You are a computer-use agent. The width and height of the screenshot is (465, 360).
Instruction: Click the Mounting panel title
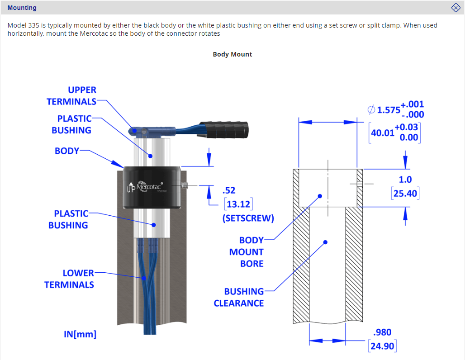pos(22,8)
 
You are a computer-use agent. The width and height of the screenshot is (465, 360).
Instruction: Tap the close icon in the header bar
pos(456,8)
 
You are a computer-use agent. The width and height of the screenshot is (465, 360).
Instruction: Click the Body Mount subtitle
pos(232,54)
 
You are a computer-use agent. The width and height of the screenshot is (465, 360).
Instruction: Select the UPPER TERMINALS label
pos(71,95)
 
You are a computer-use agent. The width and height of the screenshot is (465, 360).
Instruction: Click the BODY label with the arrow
pos(67,151)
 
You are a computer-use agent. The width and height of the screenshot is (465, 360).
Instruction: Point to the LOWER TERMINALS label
pos(69,279)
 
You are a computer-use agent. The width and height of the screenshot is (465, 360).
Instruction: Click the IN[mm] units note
pos(80,334)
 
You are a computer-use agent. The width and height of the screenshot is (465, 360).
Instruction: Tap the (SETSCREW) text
pos(248,218)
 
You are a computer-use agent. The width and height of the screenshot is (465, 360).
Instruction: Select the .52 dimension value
pos(229,190)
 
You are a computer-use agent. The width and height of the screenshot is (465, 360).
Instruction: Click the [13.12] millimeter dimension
pos(238,204)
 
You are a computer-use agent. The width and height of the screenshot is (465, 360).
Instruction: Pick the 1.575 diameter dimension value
pos(389,110)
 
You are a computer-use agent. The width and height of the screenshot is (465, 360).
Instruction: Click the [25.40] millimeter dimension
pos(405,194)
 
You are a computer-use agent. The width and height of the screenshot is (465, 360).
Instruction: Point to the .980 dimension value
pos(382,332)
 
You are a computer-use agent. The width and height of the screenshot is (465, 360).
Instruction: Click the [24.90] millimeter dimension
pos(382,346)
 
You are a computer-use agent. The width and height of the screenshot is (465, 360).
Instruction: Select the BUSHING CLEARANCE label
pos(239,298)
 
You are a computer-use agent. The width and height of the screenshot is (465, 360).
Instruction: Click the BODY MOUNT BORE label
pos(247,252)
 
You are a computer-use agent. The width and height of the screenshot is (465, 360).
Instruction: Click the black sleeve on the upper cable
pos(223,130)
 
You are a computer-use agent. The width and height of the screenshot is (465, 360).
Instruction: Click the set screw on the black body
pos(184,185)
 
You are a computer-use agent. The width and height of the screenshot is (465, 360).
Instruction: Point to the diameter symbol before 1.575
pos(371,110)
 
